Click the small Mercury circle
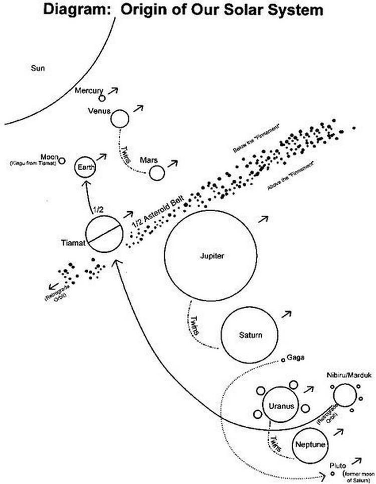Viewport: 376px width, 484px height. coord(102,98)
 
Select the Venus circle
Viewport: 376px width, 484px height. coord(120,119)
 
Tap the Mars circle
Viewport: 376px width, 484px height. coord(156,173)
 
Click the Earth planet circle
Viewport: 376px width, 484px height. coord(85,168)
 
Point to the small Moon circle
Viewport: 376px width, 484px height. coord(62,161)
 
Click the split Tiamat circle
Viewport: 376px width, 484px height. coord(104,235)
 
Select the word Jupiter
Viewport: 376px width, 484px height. coord(208,256)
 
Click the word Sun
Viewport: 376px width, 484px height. coord(38,68)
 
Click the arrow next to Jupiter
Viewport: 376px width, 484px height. coord(263,219)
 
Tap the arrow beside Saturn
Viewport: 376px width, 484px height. coord(288,314)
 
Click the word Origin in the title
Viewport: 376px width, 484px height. coord(145,10)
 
